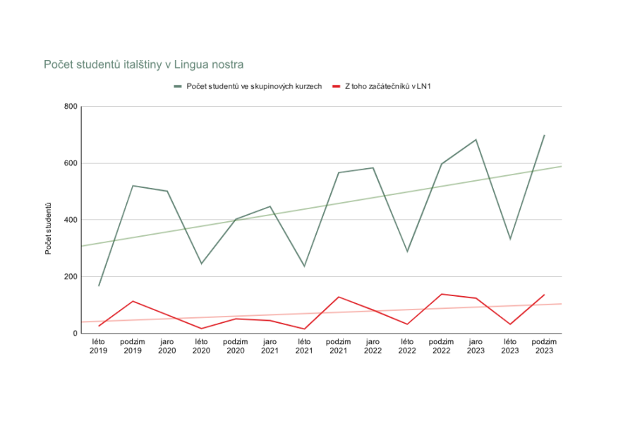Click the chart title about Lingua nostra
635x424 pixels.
click(x=143, y=64)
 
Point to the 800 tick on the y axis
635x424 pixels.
click(x=70, y=107)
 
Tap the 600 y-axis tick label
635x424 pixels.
click(x=70, y=163)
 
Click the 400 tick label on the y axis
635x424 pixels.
click(x=70, y=220)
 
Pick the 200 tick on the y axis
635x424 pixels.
click(x=70, y=276)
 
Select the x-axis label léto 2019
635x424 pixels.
click(x=99, y=346)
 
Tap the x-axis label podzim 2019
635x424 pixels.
click(x=133, y=346)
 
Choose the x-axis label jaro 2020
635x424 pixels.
click(x=167, y=346)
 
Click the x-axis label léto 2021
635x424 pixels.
click(x=304, y=346)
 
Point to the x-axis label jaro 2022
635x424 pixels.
click(x=373, y=346)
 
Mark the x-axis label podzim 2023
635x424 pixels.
click(x=544, y=346)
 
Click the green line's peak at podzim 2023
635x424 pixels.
click(x=544, y=135)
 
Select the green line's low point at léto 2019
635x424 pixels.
click(x=99, y=285)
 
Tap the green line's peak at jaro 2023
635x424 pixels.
click(x=476, y=139)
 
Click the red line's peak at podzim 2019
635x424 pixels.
click(x=133, y=301)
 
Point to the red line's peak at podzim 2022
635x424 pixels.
click(x=442, y=294)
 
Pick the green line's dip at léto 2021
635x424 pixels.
click(x=304, y=266)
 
